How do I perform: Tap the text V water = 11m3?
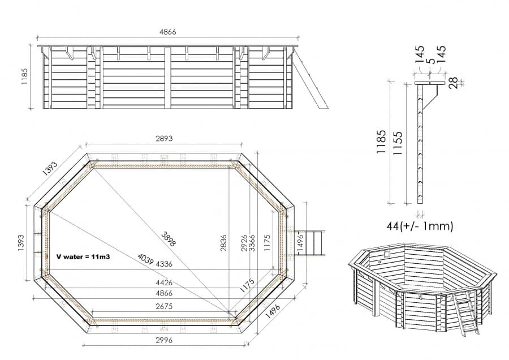click(83, 256)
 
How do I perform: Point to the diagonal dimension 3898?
click(168, 238)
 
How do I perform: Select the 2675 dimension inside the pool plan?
click(163, 306)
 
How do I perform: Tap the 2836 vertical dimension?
click(226, 243)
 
